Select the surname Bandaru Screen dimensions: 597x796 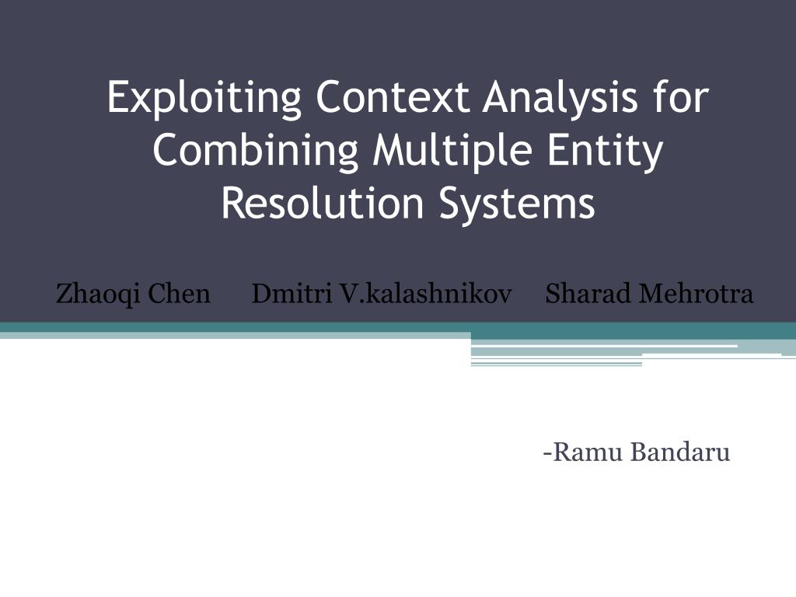click(x=680, y=452)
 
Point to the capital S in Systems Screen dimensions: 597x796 click(x=447, y=202)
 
